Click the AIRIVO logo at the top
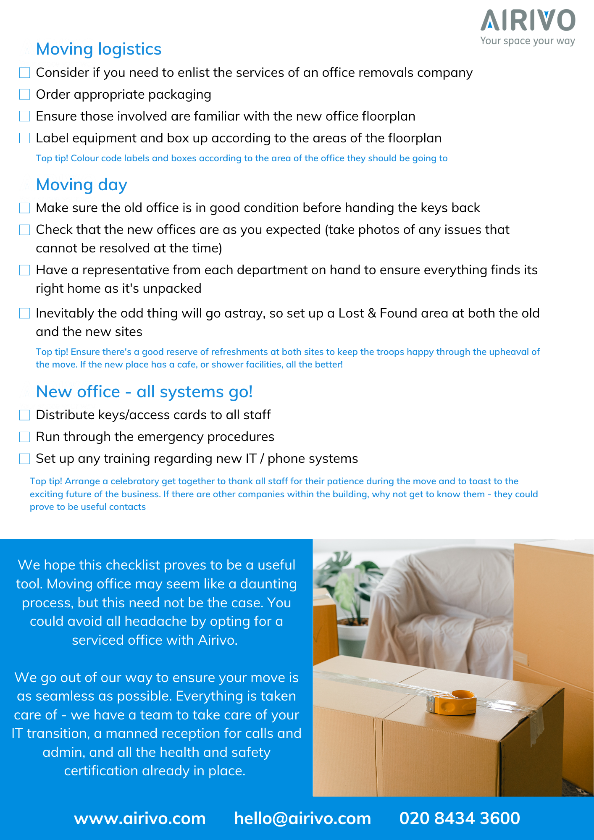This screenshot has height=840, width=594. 528,21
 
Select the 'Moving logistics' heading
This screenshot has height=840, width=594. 99,49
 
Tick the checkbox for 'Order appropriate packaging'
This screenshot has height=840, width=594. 25,94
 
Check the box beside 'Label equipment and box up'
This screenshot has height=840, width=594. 25,138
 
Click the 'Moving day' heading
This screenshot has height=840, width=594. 81,185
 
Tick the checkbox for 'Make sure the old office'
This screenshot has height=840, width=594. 25,208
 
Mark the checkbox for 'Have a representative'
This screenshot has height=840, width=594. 25,270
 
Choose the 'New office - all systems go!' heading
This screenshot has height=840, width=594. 144,392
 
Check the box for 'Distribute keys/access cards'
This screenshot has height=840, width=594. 25,415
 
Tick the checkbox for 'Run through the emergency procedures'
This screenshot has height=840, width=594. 25,437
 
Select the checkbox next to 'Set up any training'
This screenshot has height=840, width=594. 25,459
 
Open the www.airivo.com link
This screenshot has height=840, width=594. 140,818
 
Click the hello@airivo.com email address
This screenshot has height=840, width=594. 302,818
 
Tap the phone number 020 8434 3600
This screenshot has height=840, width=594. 460,818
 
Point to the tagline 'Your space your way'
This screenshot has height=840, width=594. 528,41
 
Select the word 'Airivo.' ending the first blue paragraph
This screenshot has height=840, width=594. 218,640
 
